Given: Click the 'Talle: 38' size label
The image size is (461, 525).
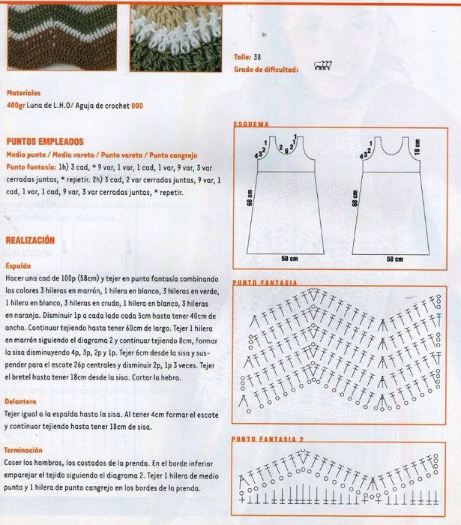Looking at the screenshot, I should click(x=247, y=57).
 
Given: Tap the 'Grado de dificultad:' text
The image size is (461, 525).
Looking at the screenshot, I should click(x=266, y=69).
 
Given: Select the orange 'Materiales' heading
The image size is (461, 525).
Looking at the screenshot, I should click(x=24, y=94).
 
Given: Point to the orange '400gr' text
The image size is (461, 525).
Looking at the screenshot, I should click(x=15, y=106).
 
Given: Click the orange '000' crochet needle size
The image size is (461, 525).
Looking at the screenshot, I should click(x=137, y=106).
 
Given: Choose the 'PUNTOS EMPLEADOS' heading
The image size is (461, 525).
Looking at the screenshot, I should click(x=44, y=141).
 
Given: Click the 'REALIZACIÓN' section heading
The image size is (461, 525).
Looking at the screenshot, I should click(x=30, y=241).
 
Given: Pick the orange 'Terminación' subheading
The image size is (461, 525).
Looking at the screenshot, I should click(x=25, y=451).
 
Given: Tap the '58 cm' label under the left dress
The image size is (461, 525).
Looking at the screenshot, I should click(x=289, y=259).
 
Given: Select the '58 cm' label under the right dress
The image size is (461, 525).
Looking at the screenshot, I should click(x=394, y=259).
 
